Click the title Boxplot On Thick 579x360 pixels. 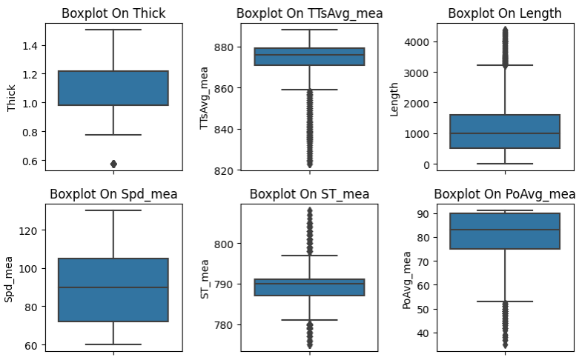click(113, 13)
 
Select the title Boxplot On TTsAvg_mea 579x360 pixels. click(309, 13)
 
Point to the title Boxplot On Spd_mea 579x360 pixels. click(113, 194)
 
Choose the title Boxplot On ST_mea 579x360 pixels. click(309, 194)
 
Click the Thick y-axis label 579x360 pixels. click(11, 97)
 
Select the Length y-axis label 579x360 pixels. click(395, 97)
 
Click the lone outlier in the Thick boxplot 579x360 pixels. click(113, 164)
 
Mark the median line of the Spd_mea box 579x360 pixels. click(113, 287)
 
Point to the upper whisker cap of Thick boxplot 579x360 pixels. click(113, 30)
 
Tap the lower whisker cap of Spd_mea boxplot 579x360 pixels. click(113, 344)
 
